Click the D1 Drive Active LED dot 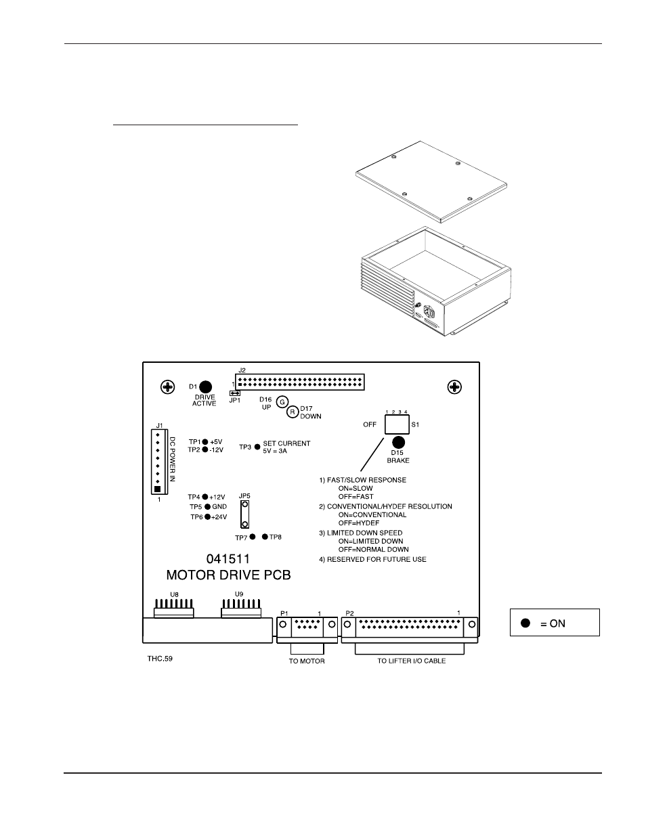205,387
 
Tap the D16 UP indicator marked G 283,401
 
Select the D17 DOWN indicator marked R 293,412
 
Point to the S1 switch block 397,424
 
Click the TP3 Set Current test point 257,447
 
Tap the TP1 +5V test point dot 205,442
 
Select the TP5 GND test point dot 205,506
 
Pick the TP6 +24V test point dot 205,517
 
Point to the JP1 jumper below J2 235,393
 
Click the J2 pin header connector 299,382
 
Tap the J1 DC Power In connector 157,462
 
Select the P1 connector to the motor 307,627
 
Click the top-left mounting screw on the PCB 167,387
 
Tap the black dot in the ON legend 525,623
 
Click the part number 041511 228,559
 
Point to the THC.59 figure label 160,657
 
